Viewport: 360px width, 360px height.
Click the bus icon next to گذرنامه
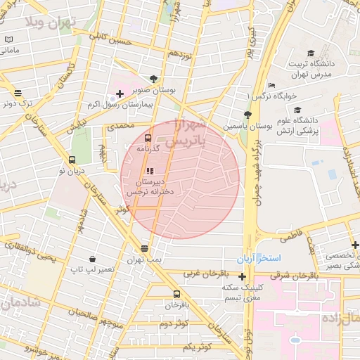[x=148, y=139]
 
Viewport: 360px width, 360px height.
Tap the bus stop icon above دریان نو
[x=72, y=160]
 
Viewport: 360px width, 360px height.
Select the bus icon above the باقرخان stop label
[x=176, y=294]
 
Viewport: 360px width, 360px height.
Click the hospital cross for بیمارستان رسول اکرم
[x=120, y=94]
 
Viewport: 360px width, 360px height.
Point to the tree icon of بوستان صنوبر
[x=153, y=79]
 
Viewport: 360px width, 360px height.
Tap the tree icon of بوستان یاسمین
[x=247, y=115]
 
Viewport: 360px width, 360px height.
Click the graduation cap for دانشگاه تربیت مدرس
[x=310, y=53]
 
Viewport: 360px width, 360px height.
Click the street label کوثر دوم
[x=175, y=324]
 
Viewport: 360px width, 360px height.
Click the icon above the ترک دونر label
[x=17, y=93]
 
